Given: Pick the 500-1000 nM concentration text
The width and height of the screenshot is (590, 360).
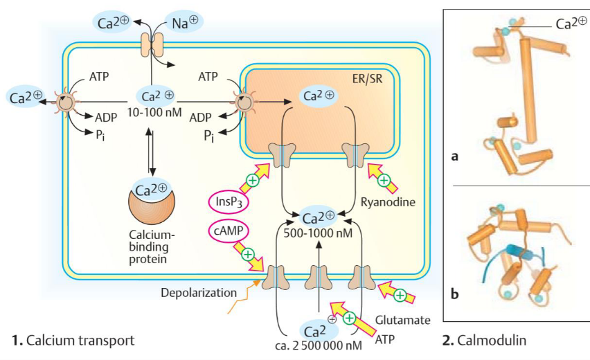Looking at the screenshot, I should coord(319,234).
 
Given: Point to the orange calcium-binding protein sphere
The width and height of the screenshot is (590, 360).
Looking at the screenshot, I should coord(151,205).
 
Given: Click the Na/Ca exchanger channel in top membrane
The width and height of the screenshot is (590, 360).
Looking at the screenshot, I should coord(151,46).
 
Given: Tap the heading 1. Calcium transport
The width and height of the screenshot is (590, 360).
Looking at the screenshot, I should coord(73,340).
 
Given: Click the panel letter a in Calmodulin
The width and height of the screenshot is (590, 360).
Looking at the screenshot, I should coord(455,156).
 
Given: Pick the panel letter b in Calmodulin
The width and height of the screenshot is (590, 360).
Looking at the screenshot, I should coord(455,294).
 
